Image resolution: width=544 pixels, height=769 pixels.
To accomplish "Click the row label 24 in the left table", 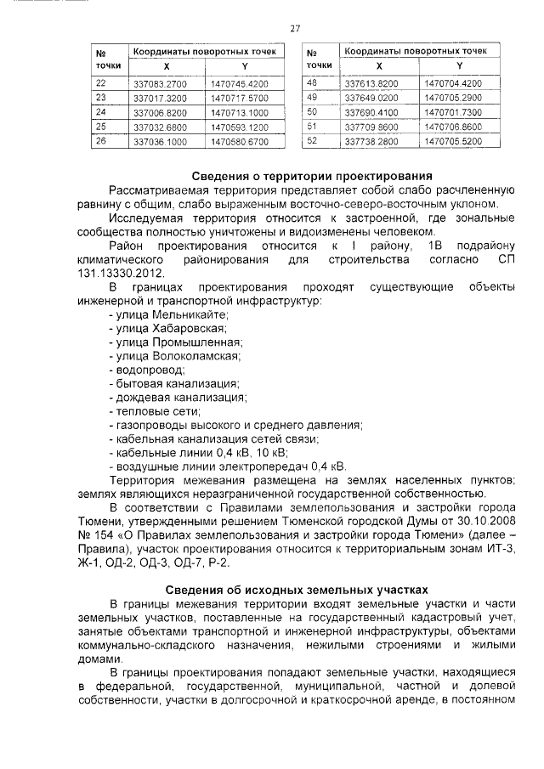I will coord(101,112).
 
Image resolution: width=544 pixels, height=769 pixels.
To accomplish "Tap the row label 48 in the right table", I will coord(311,82).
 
